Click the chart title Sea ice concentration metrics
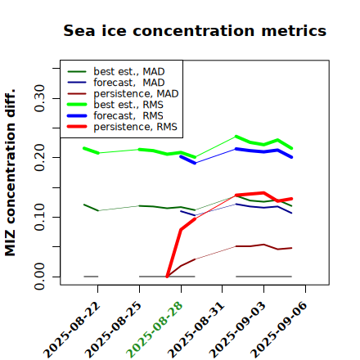195,30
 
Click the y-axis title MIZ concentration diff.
10,173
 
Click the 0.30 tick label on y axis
39,98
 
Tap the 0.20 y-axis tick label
39,158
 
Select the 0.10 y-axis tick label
39,217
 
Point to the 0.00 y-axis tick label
39,277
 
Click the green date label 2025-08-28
155,330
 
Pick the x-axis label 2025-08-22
71,330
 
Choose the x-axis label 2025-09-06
279,330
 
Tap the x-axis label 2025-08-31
196,330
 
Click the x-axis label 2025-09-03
237,330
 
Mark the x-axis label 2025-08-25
113,330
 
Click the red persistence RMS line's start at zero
167,277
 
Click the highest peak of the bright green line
236,137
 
